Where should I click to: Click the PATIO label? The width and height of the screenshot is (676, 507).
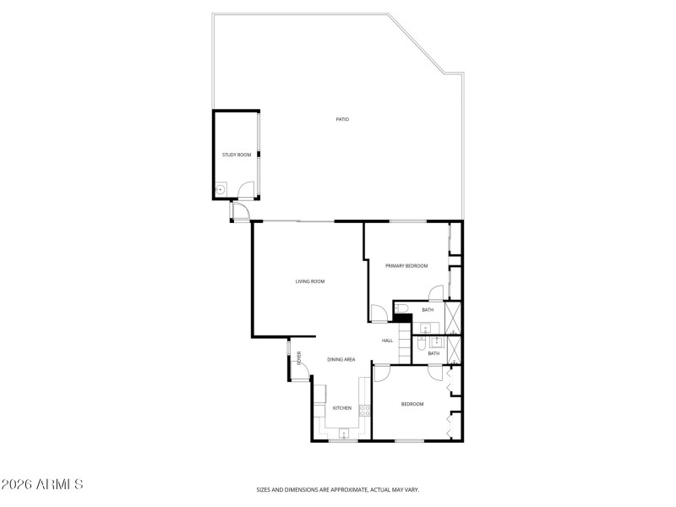tap(342, 119)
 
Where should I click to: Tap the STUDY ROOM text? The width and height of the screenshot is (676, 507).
tap(237, 155)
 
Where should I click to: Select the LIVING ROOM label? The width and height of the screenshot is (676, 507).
tap(310, 281)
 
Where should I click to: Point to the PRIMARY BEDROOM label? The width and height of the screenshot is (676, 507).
tap(406, 266)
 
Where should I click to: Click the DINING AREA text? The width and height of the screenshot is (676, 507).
tap(341, 360)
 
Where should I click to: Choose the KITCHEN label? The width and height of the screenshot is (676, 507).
tap(341, 408)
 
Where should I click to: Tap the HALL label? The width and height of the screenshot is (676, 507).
tap(387, 341)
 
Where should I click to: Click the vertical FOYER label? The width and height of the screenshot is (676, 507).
tap(299, 358)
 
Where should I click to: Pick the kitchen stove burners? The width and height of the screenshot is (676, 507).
tap(364, 411)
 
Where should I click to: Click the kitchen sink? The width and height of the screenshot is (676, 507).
tap(343, 433)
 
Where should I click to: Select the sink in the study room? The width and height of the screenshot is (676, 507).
tap(221, 190)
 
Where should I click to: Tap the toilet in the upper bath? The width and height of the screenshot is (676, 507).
tap(403, 308)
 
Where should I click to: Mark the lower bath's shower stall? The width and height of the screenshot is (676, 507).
tap(454, 349)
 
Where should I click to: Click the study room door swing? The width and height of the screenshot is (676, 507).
tap(245, 191)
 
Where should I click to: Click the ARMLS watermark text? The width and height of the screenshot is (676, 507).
tap(42, 485)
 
